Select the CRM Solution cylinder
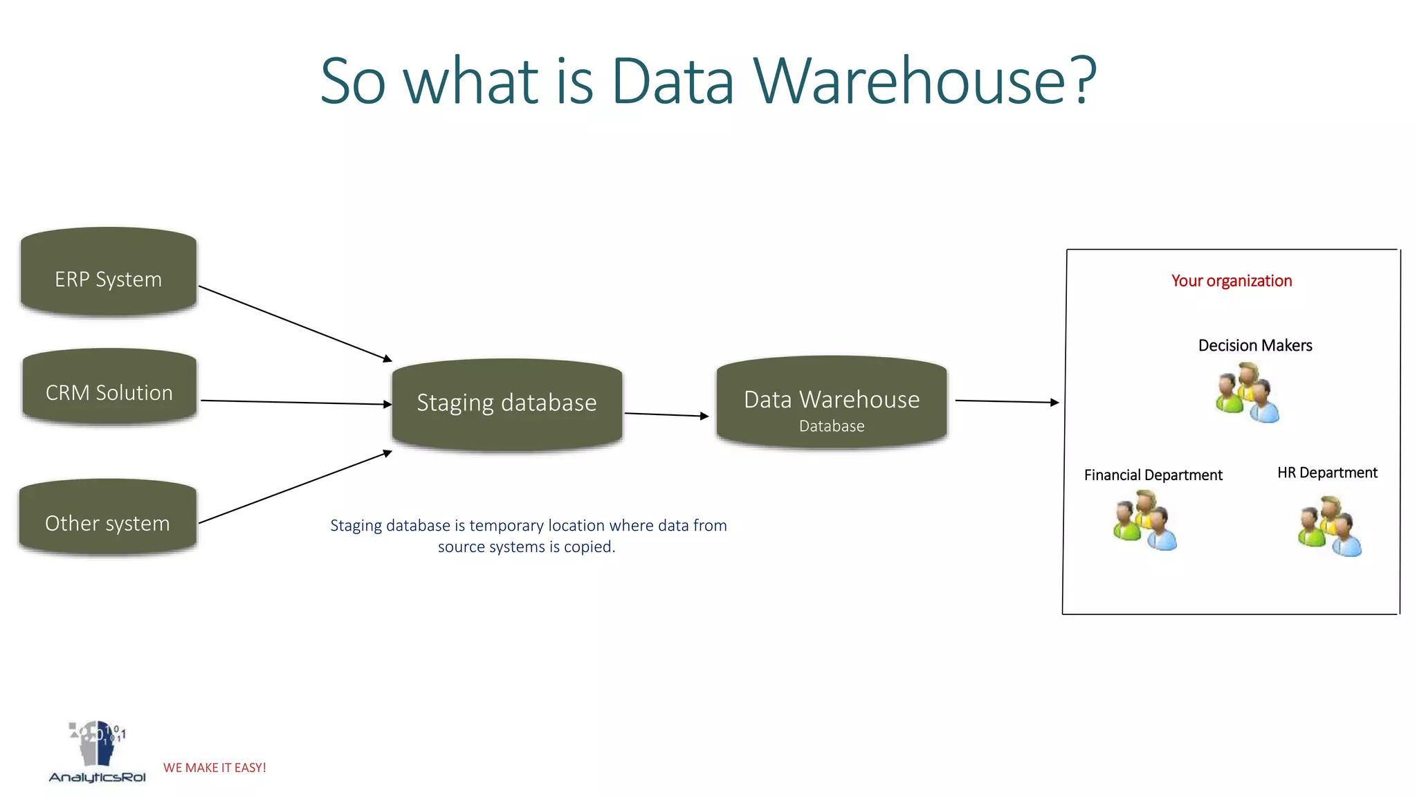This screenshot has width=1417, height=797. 109,387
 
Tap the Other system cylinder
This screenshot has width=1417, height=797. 108,518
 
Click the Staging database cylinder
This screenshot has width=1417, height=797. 506,404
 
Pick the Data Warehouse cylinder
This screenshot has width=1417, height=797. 831,403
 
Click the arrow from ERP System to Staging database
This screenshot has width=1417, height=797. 295,323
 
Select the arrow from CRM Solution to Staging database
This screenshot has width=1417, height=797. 296,402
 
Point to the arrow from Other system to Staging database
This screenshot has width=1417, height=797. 295,487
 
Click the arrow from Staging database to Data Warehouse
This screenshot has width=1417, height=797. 666,415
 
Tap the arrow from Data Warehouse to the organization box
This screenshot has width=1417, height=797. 1007,401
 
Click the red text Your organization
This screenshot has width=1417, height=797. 1231,281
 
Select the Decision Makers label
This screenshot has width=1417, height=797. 1254,345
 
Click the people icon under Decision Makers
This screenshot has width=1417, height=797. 1247,393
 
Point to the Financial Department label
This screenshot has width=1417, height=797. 1153,475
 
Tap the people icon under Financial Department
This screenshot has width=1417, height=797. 1144,520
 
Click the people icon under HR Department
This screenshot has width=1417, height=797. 1329,526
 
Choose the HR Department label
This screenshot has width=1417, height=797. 1326,473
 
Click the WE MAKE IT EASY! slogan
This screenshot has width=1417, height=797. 214,768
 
